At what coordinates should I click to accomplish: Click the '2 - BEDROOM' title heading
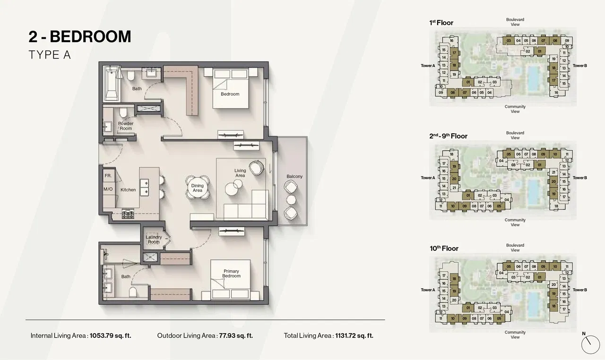[x=80, y=36]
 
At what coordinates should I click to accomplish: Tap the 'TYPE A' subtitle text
[x=50, y=55]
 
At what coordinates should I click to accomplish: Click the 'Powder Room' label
[x=125, y=126]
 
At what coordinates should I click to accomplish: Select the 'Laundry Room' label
[x=154, y=240]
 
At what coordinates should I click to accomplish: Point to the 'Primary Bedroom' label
[x=231, y=274]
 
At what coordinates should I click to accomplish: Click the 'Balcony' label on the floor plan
[x=294, y=177]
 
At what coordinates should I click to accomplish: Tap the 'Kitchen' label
[x=128, y=190]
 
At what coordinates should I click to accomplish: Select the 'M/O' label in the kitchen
[x=108, y=189]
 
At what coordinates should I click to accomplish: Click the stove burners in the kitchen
[x=128, y=214]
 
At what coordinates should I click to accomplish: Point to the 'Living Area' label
[x=240, y=173]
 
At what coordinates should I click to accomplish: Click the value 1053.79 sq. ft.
[x=111, y=336]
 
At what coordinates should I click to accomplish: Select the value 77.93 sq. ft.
[x=235, y=336]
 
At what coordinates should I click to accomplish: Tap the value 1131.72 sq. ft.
[x=354, y=336]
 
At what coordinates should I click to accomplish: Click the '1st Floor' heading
[x=441, y=23]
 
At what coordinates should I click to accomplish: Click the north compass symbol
[x=590, y=344]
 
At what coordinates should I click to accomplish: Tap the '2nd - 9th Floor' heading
[x=448, y=136]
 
